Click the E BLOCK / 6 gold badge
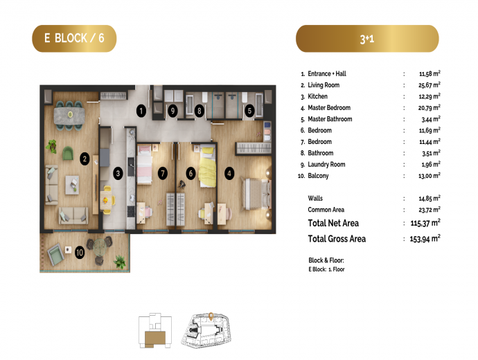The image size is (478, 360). point(74,38)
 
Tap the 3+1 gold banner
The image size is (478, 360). point(367,38)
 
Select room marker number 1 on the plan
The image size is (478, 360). point(141,111)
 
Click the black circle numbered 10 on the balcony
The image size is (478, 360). point(80,253)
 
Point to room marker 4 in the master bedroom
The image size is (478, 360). point(229,174)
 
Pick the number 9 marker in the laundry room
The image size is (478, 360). point(172,111)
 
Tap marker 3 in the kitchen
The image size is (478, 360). point(118,174)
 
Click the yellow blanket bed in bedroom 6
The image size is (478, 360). point(207,167)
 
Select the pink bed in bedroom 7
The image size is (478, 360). point(145,165)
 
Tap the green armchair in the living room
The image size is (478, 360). point(68,153)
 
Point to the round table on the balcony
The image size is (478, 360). point(100,247)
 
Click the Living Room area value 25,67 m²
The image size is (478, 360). point(430,85)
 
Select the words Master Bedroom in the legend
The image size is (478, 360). point(329,108)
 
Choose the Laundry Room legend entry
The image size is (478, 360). point(323,165)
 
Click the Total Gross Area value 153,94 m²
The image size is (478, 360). point(425,239)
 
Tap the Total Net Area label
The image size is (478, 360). point(333,223)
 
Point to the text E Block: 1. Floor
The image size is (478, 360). point(326,269)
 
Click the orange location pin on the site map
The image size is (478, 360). point(211,316)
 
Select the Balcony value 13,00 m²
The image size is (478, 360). point(430,176)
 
